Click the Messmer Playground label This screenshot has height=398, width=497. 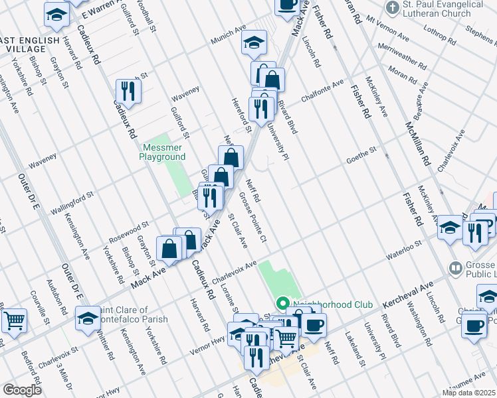162,152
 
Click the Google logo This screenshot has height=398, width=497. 22,389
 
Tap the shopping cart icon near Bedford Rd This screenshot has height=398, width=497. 14,321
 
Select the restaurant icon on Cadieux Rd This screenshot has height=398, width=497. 128,92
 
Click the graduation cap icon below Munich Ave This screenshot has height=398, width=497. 253,43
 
